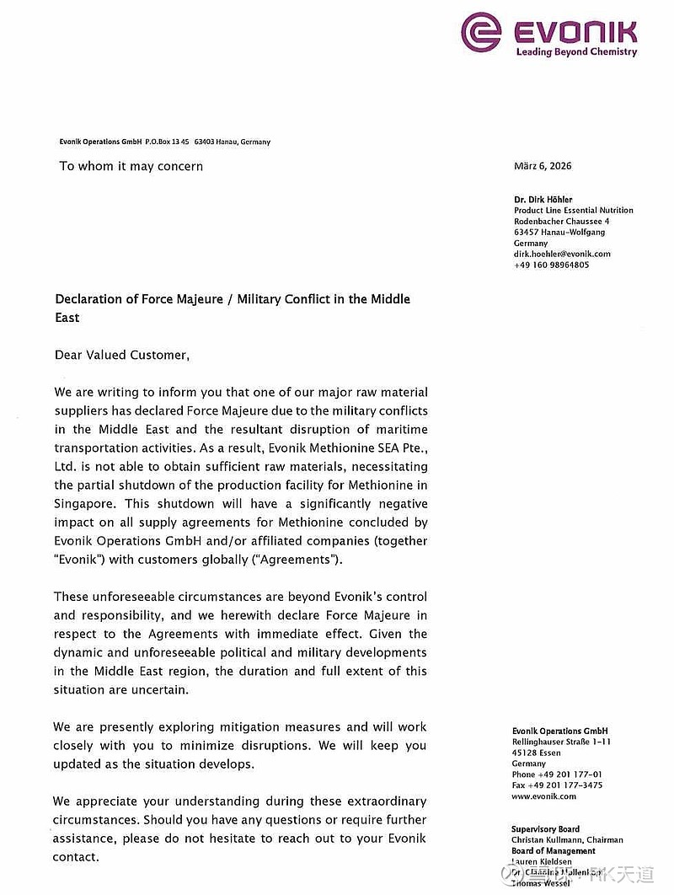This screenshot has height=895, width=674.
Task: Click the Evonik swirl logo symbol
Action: pyautogui.click(x=481, y=31)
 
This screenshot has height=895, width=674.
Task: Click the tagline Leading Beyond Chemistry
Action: pyautogui.click(x=576, y=52)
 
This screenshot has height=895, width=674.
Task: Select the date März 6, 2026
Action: pyautogui.click(x=542, y=166)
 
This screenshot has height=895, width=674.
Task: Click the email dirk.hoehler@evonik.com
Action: pyautogui.click(x=562, y=254)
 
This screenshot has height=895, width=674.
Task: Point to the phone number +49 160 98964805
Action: pyautogui.click(x=551, y=265)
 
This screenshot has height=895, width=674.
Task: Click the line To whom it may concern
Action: pyautogui.click(x=131, y=166)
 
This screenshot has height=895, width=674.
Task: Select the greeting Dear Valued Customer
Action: pyautogui.click(x=122, y=355)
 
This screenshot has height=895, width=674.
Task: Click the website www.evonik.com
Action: pyautogui.click(x=543, y=796)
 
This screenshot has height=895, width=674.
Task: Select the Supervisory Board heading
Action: pyautogui.click(x=545, y=829)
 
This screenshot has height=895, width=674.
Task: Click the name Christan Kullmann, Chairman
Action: pyautogui.click(x=567, y=840)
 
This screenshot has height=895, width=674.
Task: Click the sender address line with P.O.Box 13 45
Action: pyautogui.click(x=165, y=142)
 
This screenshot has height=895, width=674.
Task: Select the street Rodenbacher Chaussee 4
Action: pyautogui.click(x=561, y=222)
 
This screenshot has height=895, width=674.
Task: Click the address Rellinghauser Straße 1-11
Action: pyautogui.click(x=561, y=742)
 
